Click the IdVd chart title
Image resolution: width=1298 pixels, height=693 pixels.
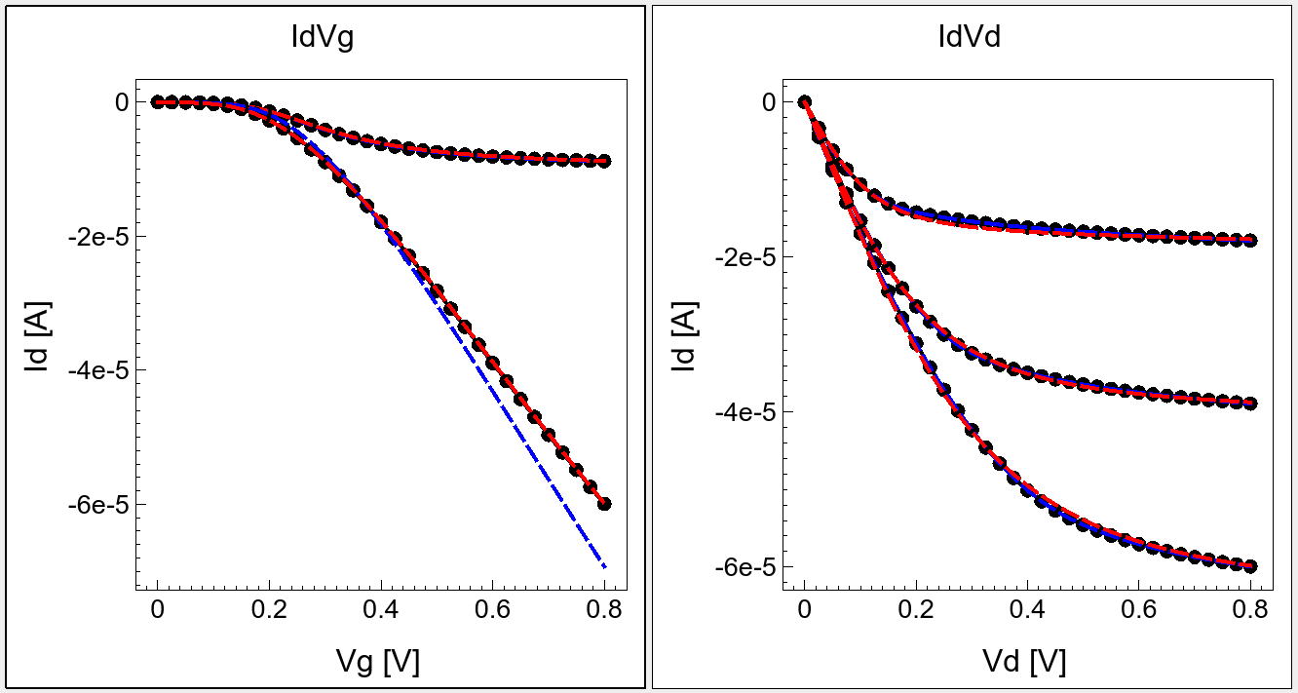970,38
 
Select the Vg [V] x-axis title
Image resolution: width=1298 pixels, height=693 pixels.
377,662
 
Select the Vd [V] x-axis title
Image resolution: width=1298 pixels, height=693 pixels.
1025,662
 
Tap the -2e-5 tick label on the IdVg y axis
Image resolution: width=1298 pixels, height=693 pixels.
100,236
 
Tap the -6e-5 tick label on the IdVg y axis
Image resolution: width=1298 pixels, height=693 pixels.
100,504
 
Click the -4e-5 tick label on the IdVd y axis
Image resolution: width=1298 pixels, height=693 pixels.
748,411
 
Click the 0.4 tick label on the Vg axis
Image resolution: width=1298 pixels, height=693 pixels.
380,611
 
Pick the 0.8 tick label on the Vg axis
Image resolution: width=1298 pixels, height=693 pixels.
603,611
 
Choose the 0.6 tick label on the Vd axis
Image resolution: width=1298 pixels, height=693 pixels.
1139,611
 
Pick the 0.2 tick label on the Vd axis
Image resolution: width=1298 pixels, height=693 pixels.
916,611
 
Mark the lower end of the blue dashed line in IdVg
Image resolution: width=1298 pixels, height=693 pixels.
605,565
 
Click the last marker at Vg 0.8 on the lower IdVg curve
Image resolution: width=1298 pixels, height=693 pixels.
604,504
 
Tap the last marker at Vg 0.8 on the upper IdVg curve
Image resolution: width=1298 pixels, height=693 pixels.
604,161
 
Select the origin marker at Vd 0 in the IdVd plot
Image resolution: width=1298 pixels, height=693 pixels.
805,102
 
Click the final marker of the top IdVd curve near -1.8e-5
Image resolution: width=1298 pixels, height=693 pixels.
1251,240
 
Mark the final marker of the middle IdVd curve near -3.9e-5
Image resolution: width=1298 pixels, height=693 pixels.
1251,403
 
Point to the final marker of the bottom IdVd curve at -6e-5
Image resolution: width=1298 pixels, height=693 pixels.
1251,566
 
